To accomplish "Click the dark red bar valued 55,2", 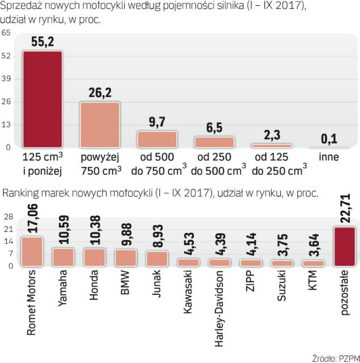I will (41, 99).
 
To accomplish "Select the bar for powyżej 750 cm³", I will (99, 125).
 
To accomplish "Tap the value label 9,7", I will (156, 122).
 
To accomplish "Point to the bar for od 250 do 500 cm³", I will (214, 141).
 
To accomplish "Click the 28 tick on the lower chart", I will (8, 217).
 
